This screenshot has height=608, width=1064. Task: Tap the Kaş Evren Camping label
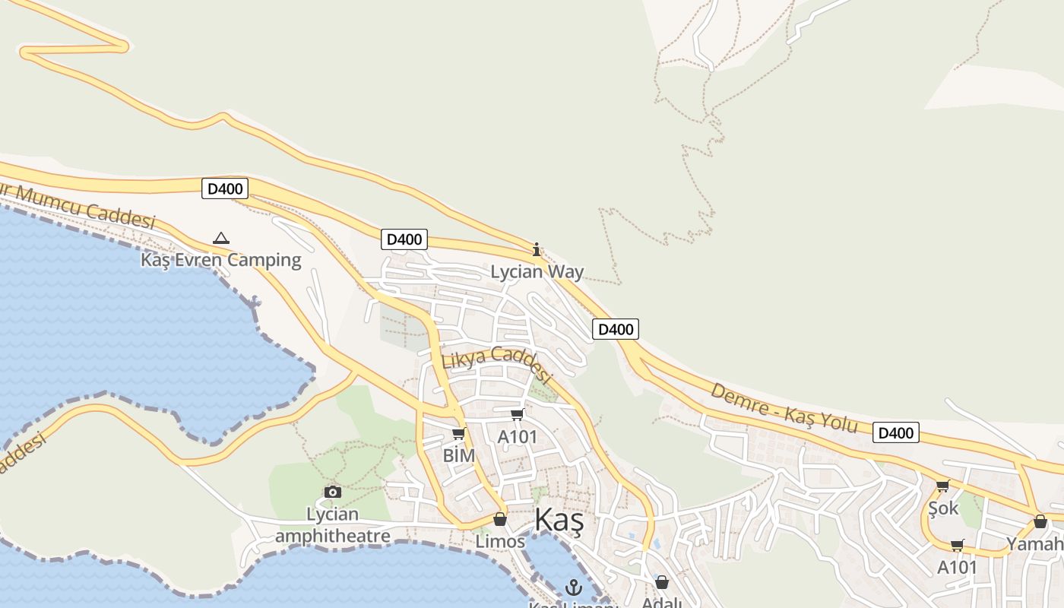(221, 260)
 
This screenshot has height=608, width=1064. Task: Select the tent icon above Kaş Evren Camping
(221, 238)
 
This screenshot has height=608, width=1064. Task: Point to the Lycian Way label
(537, 271)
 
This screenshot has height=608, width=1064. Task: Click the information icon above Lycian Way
(537, 249)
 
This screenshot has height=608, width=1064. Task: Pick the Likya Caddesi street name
(496, 363)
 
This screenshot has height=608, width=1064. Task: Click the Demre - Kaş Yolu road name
(784, 408)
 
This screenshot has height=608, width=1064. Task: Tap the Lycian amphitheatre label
(333, 525)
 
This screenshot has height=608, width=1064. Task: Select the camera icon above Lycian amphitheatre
(333, 492)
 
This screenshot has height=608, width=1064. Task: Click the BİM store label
(458, 455)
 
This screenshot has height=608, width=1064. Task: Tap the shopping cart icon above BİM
(458, 433)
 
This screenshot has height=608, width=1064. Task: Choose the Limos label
(500, 542)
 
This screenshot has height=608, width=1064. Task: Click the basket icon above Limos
(500, 520)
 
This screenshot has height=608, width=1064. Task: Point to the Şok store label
(943, 508)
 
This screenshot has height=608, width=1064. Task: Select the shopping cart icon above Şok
(943, 486)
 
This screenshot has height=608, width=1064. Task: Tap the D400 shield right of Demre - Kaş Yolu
(896, 433)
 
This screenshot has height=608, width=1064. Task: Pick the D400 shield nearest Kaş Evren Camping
(225, 188)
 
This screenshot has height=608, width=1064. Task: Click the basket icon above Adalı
(662, 582)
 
